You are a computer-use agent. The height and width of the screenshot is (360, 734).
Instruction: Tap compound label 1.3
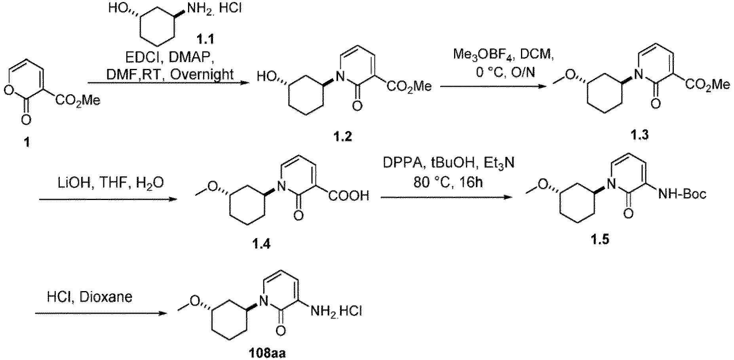tap(639, 135)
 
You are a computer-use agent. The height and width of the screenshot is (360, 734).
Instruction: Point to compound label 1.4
tap(261, 244)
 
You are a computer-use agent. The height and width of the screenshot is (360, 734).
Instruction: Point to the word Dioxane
tap(106, 297)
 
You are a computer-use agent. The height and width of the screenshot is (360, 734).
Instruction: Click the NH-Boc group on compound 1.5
tap(681, 194)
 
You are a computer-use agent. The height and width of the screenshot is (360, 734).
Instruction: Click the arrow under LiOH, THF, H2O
tap(107, 199)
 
